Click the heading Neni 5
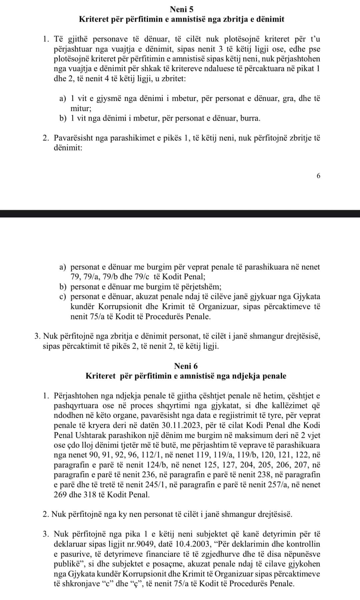181,9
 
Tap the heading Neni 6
186,366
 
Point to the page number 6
318,176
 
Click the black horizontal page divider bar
180,214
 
